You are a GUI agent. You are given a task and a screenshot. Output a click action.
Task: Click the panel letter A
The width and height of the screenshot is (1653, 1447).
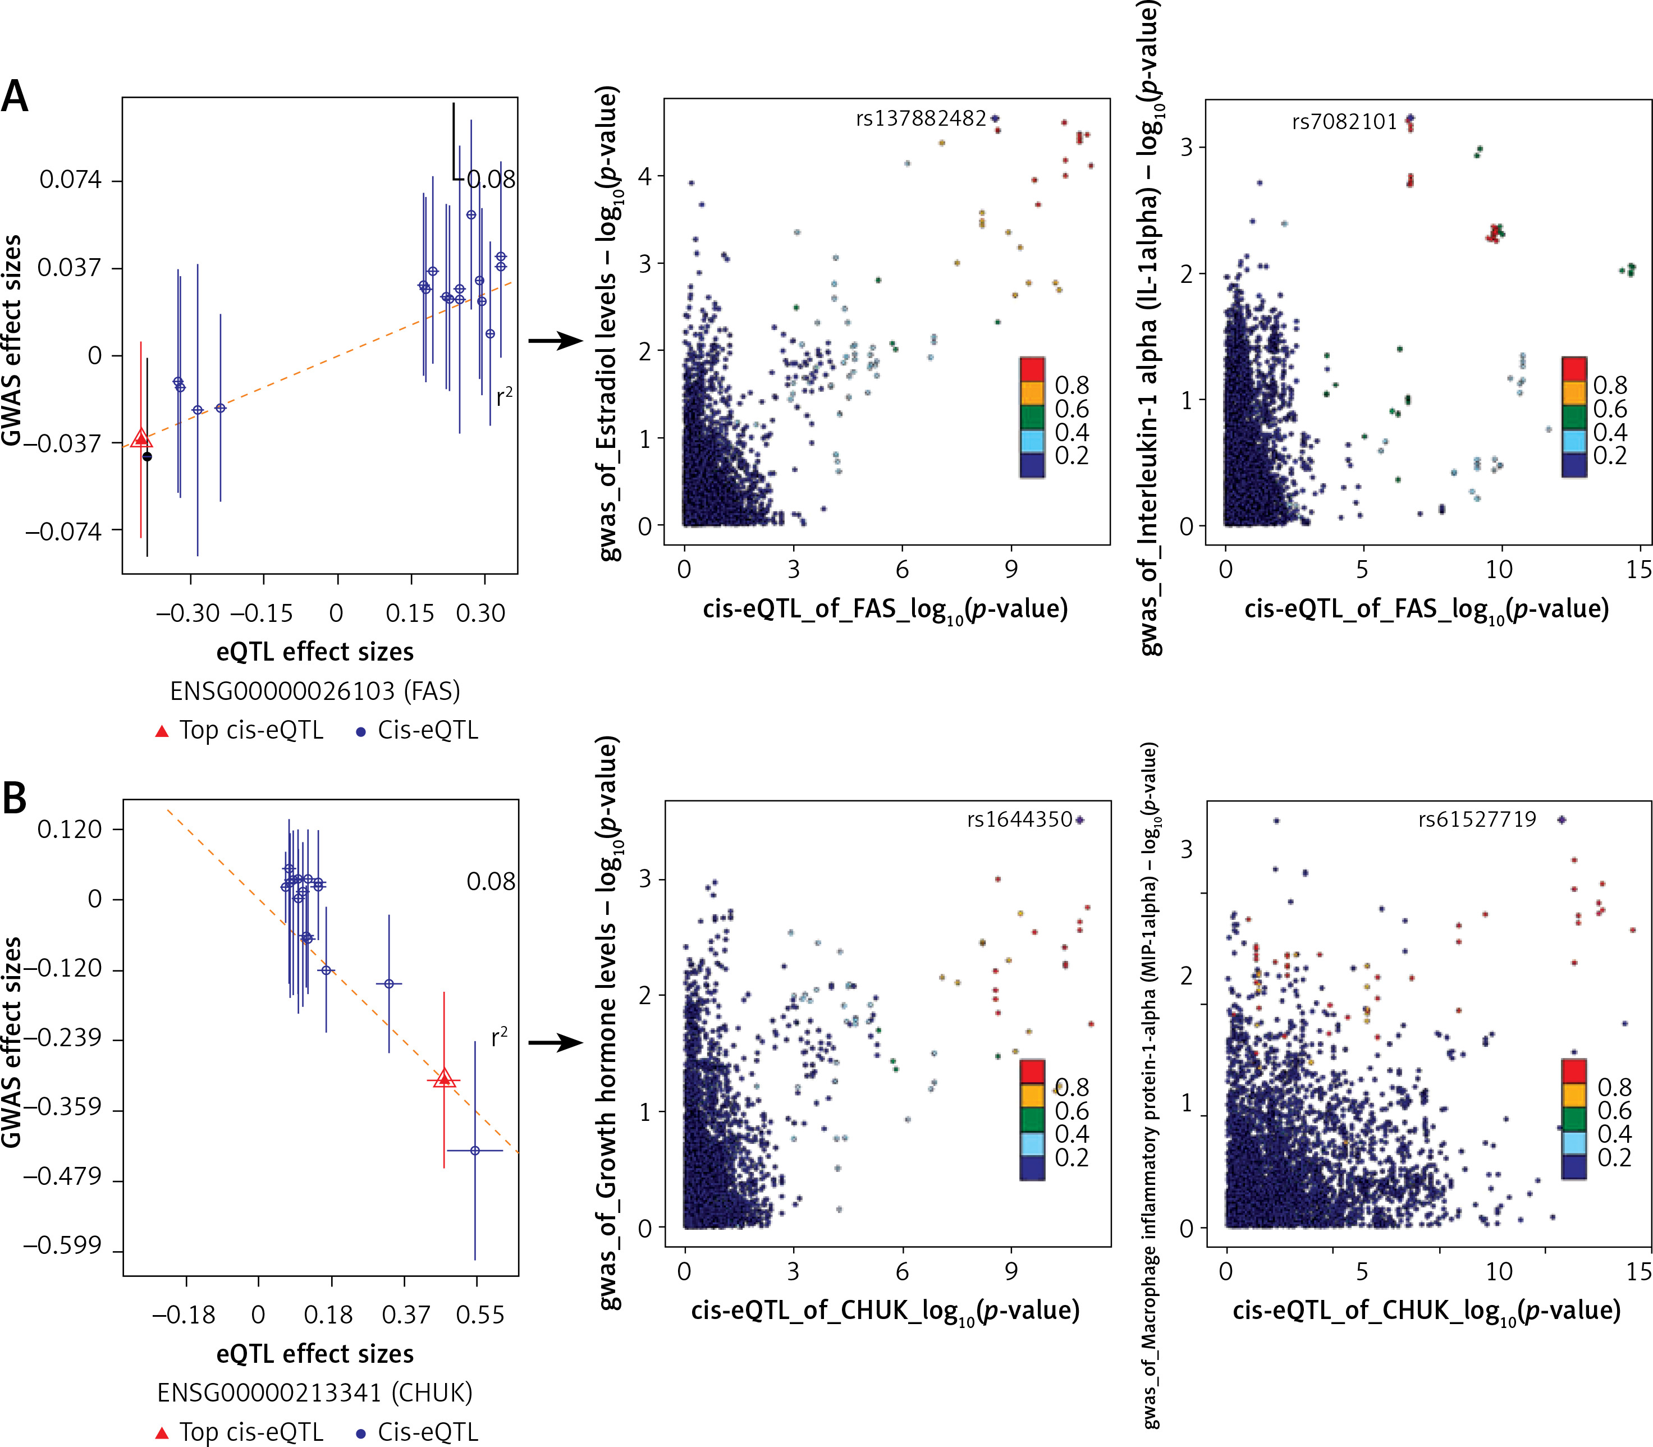point(15,97)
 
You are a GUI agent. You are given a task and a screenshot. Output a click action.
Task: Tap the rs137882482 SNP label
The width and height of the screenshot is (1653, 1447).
point(921,118)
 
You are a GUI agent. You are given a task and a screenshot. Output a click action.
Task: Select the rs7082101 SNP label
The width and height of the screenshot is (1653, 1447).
point(1344,122)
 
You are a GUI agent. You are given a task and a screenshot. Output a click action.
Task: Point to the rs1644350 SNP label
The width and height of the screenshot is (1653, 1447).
point(1019,819)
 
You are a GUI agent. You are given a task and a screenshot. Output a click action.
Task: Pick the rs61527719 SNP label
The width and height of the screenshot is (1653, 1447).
point(1477,819)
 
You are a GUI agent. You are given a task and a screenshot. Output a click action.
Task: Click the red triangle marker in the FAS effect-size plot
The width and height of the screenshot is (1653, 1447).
point(141,438)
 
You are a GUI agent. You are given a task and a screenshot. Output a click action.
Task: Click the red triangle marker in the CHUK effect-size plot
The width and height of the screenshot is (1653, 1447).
point(443,1078)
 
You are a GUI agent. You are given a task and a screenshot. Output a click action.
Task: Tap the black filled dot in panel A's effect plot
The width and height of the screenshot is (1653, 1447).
point(147,457)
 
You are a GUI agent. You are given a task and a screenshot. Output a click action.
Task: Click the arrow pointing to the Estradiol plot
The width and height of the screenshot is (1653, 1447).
point(556,340)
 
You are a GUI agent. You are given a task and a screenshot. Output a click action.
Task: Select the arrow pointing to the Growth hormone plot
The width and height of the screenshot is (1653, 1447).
point(556,1042)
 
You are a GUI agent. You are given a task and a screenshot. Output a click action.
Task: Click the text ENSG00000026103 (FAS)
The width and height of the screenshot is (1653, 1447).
point(315,691)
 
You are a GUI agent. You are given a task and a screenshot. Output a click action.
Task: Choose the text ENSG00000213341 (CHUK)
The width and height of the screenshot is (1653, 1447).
point(315,1393)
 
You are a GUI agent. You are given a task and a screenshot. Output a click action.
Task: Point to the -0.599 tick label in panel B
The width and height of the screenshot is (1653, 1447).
point(62,1246)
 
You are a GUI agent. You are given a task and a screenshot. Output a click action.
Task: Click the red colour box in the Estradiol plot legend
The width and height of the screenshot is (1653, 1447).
point(1032,369)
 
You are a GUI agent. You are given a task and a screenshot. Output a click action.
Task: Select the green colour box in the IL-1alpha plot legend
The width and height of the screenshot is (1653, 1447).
point(1574,416)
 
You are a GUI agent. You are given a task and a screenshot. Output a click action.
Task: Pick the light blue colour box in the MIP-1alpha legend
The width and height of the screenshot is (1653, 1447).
point(1574,1143)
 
